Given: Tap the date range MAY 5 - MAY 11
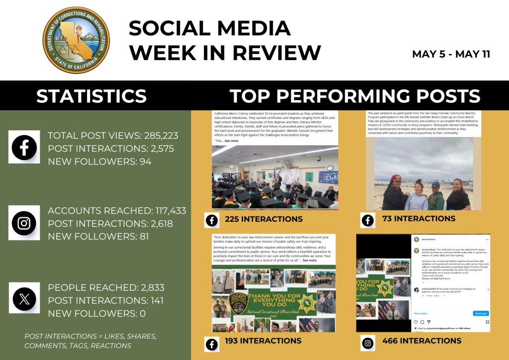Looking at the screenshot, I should point(451,54).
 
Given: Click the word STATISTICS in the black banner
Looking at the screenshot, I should point(91,96).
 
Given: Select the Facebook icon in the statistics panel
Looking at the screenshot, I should point(24,147).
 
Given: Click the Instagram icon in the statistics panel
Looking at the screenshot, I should point(24,223).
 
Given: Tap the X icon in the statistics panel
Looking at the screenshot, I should point(24,299).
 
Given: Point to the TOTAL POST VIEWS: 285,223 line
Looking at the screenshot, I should point(113,136).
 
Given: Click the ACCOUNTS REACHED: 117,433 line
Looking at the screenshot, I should point(117,211).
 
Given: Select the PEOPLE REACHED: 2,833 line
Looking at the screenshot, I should point(106,288).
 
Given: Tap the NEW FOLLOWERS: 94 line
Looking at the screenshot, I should point(99,161).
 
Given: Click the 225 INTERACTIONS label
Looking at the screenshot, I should point(263,219).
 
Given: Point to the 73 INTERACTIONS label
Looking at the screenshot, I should point(419,219).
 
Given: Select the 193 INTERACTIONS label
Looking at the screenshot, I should point(263,341).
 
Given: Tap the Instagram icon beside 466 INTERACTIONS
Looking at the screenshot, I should point(368,343).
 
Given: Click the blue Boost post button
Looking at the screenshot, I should point(480,313).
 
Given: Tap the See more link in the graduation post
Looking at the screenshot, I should point(231,141).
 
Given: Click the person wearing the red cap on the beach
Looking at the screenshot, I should point(395,191).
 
